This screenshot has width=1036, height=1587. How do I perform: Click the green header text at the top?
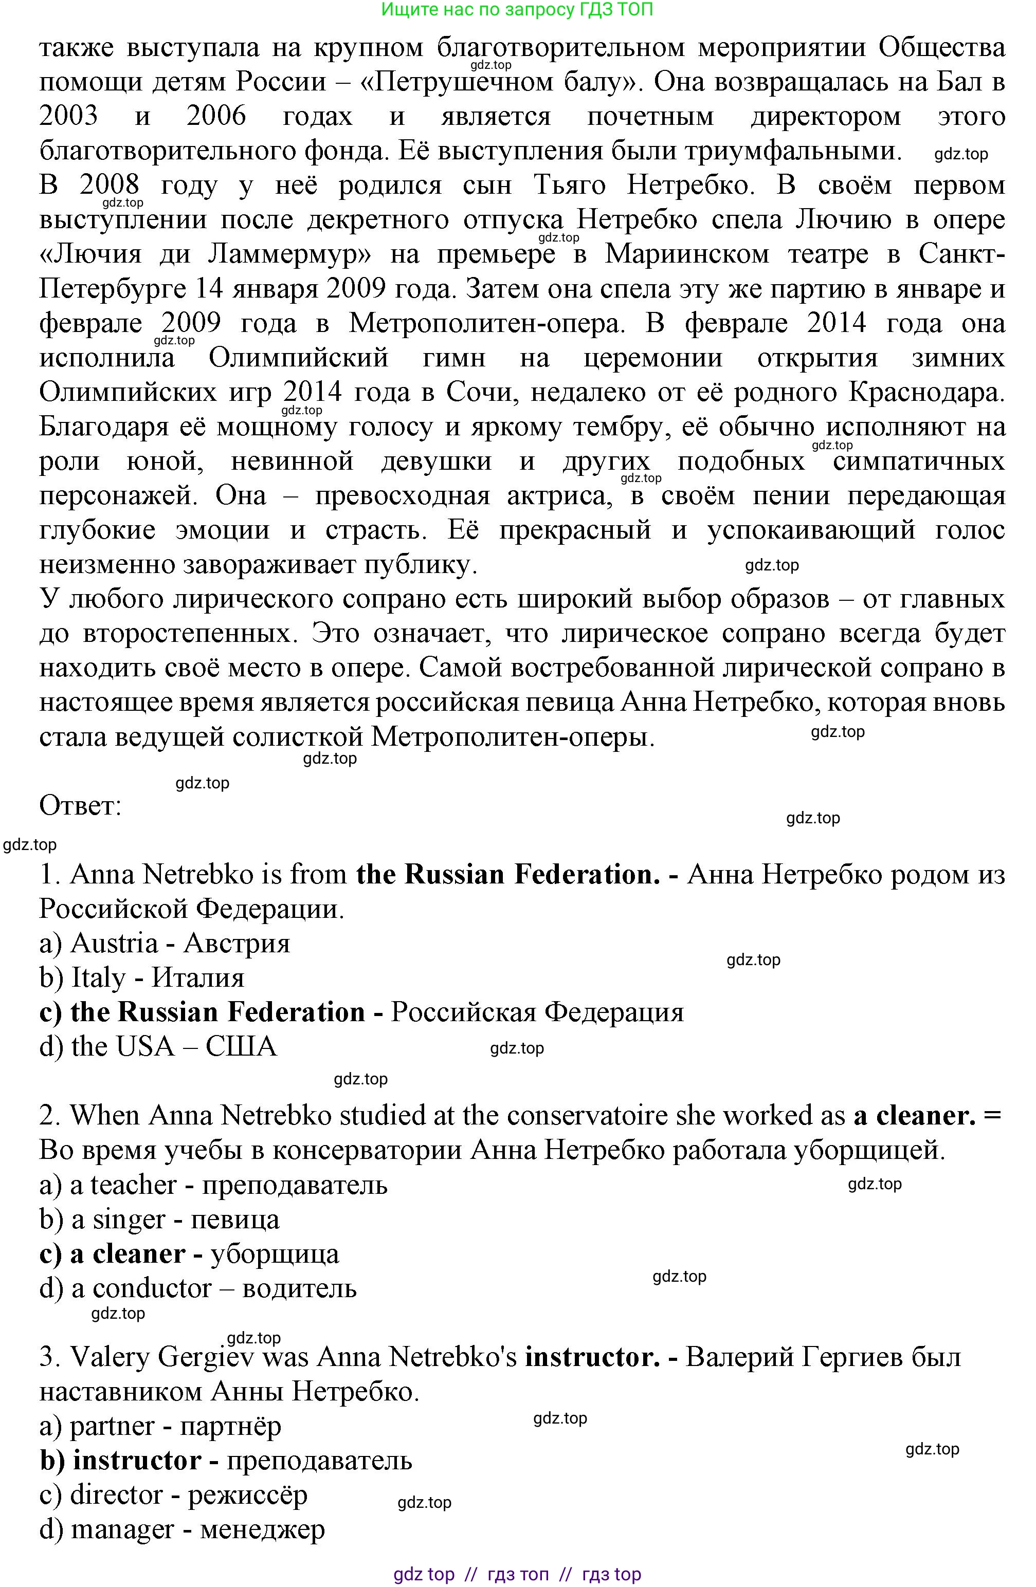click(517, 9)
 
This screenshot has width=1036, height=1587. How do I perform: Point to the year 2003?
click(69, 117)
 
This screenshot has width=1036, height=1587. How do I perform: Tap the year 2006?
click(216, 117)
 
